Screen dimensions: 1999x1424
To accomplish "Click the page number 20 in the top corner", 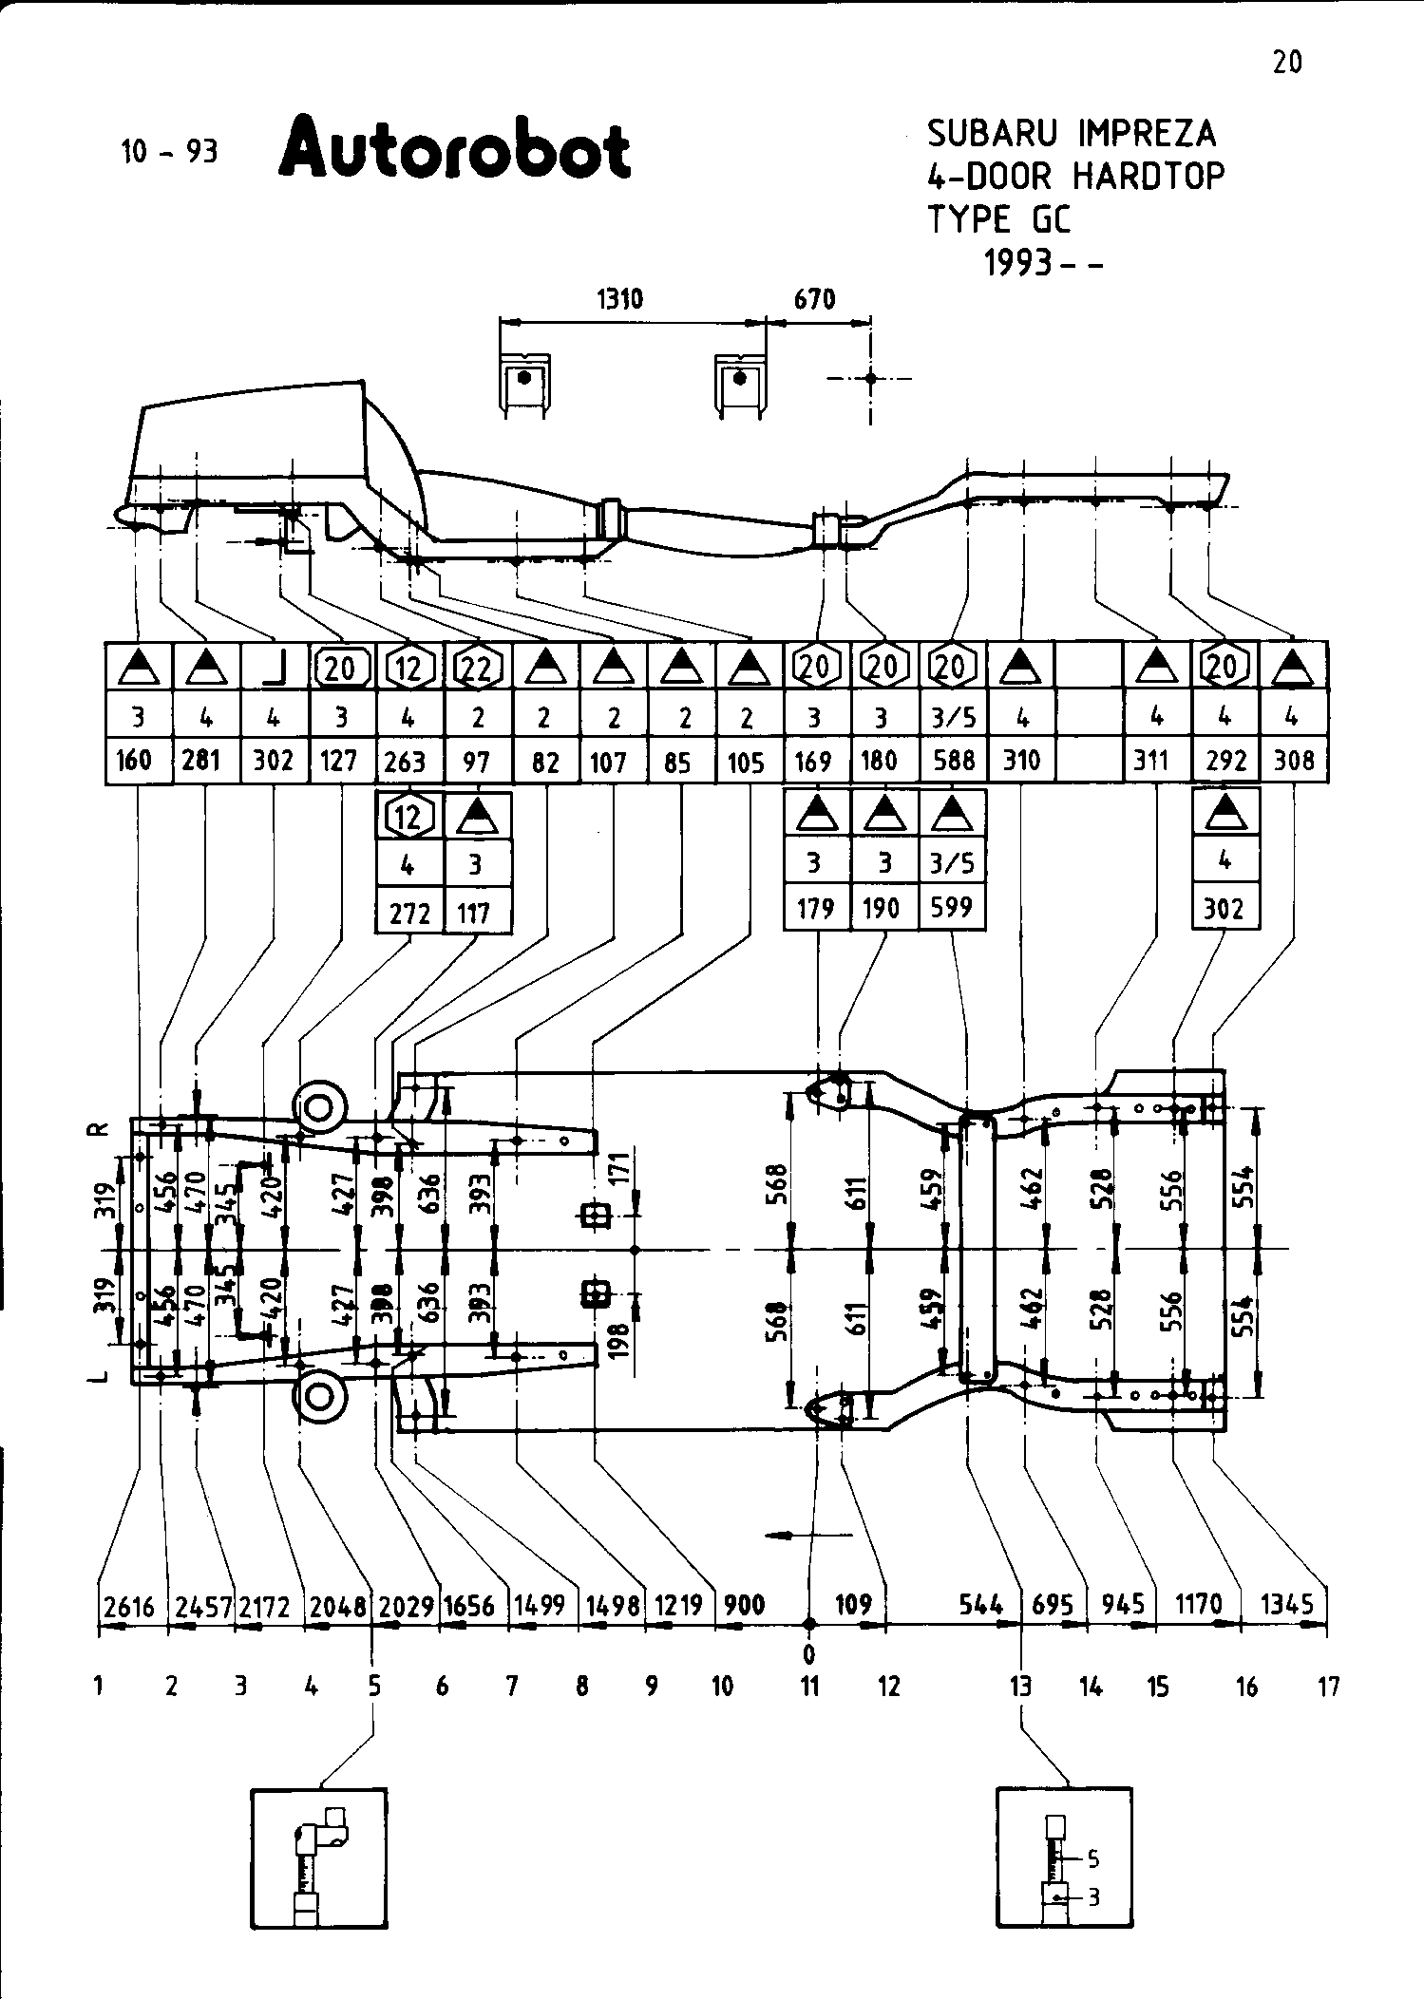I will tap(1287, 63).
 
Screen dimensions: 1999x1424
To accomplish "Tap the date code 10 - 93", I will tap(169, 152).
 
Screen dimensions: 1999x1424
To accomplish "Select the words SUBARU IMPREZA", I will tap(1071, 134).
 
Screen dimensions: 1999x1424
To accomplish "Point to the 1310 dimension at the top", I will tap(619, 300).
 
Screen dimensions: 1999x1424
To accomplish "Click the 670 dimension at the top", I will tap(814, 300).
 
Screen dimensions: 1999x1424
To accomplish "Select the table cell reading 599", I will tap(952, 909).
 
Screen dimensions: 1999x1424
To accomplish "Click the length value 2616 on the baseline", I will tap(129, 1605).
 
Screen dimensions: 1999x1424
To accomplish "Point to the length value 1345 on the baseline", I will tap(1287, 1604).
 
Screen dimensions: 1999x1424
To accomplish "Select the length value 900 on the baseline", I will tap(744, 1605).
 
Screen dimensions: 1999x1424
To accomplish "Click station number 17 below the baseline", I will tap(1328, 1687).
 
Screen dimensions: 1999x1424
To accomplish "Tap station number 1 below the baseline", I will tap(99, 1687).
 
